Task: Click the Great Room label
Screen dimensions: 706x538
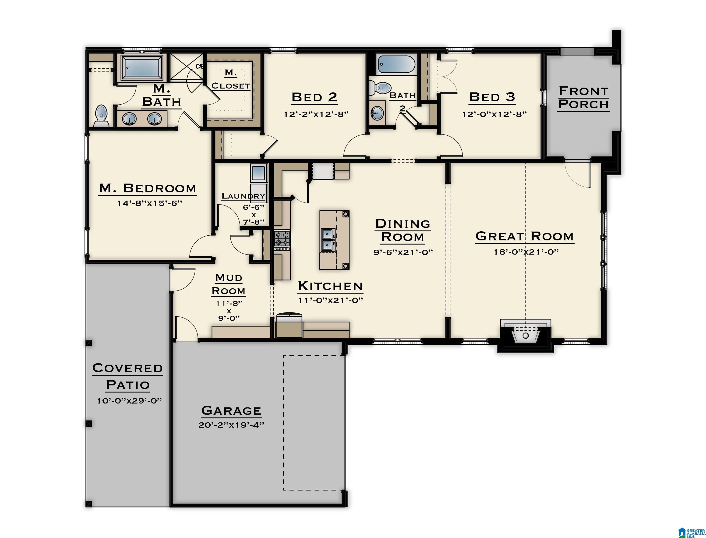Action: click(x=524, y=236)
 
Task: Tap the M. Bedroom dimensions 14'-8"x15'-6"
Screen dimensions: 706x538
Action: click(x=149, y=203)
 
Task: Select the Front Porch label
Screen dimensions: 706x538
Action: click(x=583, y=98)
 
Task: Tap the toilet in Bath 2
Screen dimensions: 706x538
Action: click(x=379, y=87)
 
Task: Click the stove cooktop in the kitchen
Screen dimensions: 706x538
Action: click(x=282, y=241)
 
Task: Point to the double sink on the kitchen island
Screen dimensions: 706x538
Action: click(x=328, y=240)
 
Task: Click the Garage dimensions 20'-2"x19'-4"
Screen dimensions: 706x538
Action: click(x=231, y=425)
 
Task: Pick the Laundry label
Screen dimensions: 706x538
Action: click(x=243, y=196)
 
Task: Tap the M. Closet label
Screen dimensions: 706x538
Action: click(x=230, y=79)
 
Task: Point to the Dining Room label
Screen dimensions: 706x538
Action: click(x=403, y=230)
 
